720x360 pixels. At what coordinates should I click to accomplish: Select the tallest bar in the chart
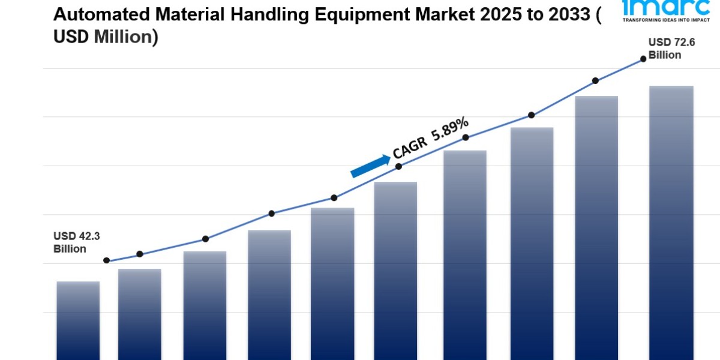pos(671,222)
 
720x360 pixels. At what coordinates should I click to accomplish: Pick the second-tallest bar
pos(596,227)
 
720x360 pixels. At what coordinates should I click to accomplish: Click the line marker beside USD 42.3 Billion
pos(107,260)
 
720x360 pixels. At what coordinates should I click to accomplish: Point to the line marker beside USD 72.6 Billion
pos(643,59)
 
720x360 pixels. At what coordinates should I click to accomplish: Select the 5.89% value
pos(448,129)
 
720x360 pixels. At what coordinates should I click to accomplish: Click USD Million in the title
pos(106,37)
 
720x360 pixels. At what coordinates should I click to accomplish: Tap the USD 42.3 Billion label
pos(76,242)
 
